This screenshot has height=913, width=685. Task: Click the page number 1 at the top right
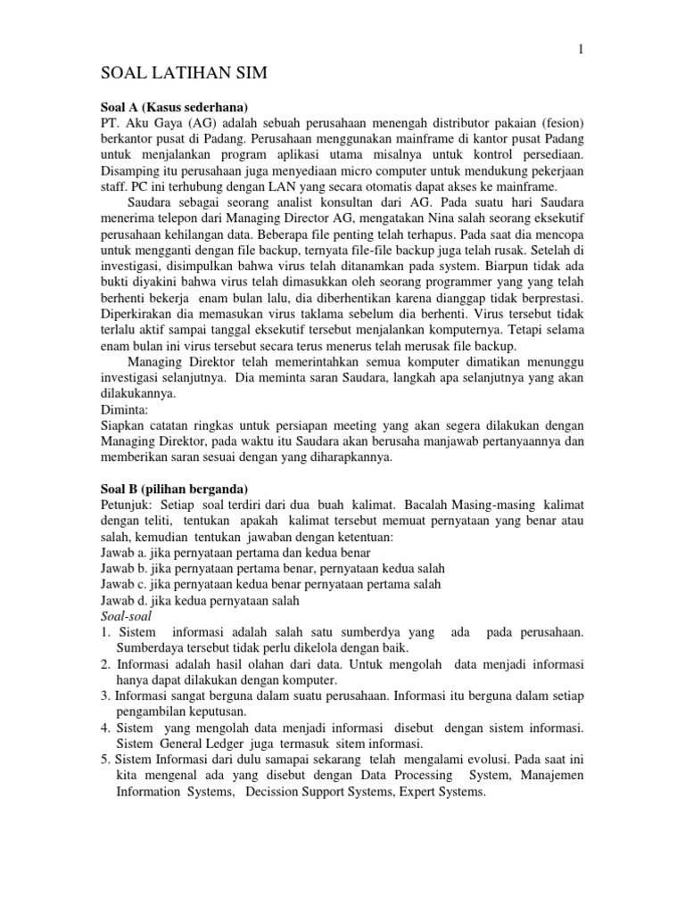coord(582,50)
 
